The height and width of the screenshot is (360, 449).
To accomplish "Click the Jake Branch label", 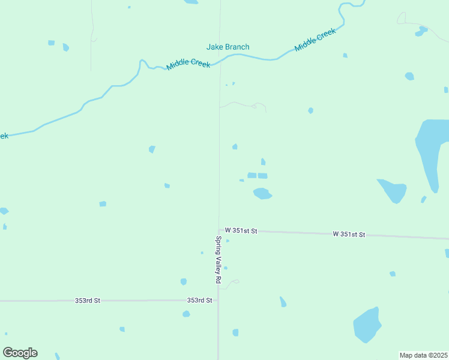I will click(228, 47).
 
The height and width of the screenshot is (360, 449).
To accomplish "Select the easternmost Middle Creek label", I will click(315, 41).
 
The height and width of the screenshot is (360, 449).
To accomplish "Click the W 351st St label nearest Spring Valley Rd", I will click(241, 230).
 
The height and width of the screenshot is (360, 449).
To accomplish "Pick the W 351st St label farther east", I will click(349, 234).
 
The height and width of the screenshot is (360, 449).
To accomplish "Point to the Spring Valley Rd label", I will click(219, 260).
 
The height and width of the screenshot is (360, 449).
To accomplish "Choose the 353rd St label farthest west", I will click(88, 300).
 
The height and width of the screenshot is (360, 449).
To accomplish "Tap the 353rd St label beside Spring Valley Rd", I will click(199, 300).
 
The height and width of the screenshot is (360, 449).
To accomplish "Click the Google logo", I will click(20, 353).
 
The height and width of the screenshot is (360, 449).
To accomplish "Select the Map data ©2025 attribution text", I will click(423, 355).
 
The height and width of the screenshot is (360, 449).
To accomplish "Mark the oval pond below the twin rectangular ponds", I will click(262, 193).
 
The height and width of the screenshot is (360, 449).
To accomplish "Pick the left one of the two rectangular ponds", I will click(252, 175).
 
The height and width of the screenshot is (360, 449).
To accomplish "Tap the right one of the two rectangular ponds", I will click(262, 175).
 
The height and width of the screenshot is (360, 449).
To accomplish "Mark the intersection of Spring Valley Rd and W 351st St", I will click(218, 229).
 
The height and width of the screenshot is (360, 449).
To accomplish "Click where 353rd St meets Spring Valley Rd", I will click(218, 300).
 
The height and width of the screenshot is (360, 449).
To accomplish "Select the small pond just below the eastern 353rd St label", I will click(186, 313).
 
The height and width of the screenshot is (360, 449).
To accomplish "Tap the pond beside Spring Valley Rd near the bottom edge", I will click(235, 332).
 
